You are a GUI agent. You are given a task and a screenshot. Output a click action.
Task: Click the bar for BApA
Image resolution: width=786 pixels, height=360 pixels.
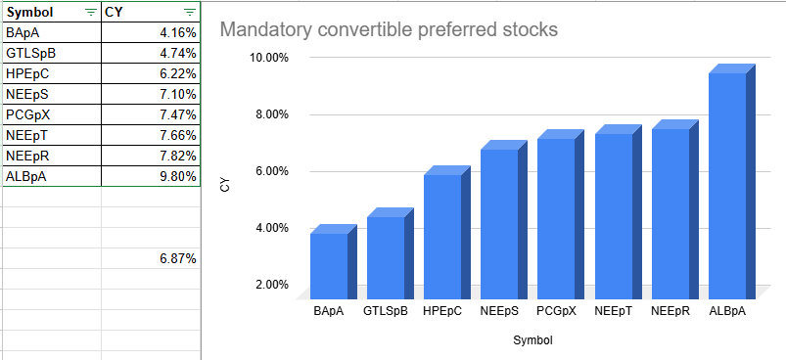click(328, 262)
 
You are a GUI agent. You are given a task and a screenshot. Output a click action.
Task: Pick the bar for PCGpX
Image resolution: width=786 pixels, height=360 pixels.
click(555, 217)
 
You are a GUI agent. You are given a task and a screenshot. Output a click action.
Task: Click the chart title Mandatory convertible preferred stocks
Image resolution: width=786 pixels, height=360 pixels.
click(389, 29)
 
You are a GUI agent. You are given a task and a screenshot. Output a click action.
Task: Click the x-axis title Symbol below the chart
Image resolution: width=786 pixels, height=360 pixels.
click(532, 340)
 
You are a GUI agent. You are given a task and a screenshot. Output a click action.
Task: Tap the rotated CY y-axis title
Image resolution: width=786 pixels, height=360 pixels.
click(225, 183)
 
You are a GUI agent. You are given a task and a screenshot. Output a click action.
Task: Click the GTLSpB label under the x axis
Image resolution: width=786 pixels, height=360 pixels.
click(385, 311)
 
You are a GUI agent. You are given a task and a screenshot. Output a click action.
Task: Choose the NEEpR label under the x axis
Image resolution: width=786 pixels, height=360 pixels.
click(670, 311)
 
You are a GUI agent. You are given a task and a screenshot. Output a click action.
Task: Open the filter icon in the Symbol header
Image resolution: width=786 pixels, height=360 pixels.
click(91, 12)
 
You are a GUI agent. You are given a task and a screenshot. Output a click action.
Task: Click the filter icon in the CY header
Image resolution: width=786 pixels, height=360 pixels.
click(189, 12)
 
